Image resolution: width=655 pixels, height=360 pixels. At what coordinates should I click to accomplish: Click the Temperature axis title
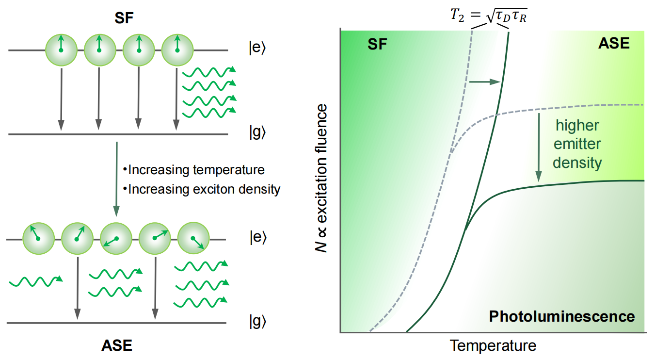point(493,345)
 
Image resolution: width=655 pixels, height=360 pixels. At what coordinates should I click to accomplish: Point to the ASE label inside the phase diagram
point(613,44)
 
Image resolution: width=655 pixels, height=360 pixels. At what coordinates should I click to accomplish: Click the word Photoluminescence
point(561,317)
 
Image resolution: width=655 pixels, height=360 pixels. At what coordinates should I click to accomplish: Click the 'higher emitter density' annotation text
point(577,144)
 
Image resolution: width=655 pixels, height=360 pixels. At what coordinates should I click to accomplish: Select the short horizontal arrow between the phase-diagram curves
point(485,82)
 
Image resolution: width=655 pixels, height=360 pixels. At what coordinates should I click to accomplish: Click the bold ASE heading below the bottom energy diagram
point(116,345)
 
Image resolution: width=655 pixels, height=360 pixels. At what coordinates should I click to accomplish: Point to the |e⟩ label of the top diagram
point(257,51)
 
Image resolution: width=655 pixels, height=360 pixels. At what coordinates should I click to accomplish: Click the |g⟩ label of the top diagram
point(257,133)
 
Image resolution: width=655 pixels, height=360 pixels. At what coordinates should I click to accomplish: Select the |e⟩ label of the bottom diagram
point(257,238)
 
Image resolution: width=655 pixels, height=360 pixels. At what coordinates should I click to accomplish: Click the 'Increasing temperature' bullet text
point(194,170)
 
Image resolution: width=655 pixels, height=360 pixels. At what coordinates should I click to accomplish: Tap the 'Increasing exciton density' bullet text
point(202,189)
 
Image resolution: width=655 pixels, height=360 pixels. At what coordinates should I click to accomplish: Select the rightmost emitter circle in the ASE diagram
point(193,240)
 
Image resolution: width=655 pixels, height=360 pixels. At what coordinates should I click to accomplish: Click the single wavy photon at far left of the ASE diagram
point(35,281)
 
